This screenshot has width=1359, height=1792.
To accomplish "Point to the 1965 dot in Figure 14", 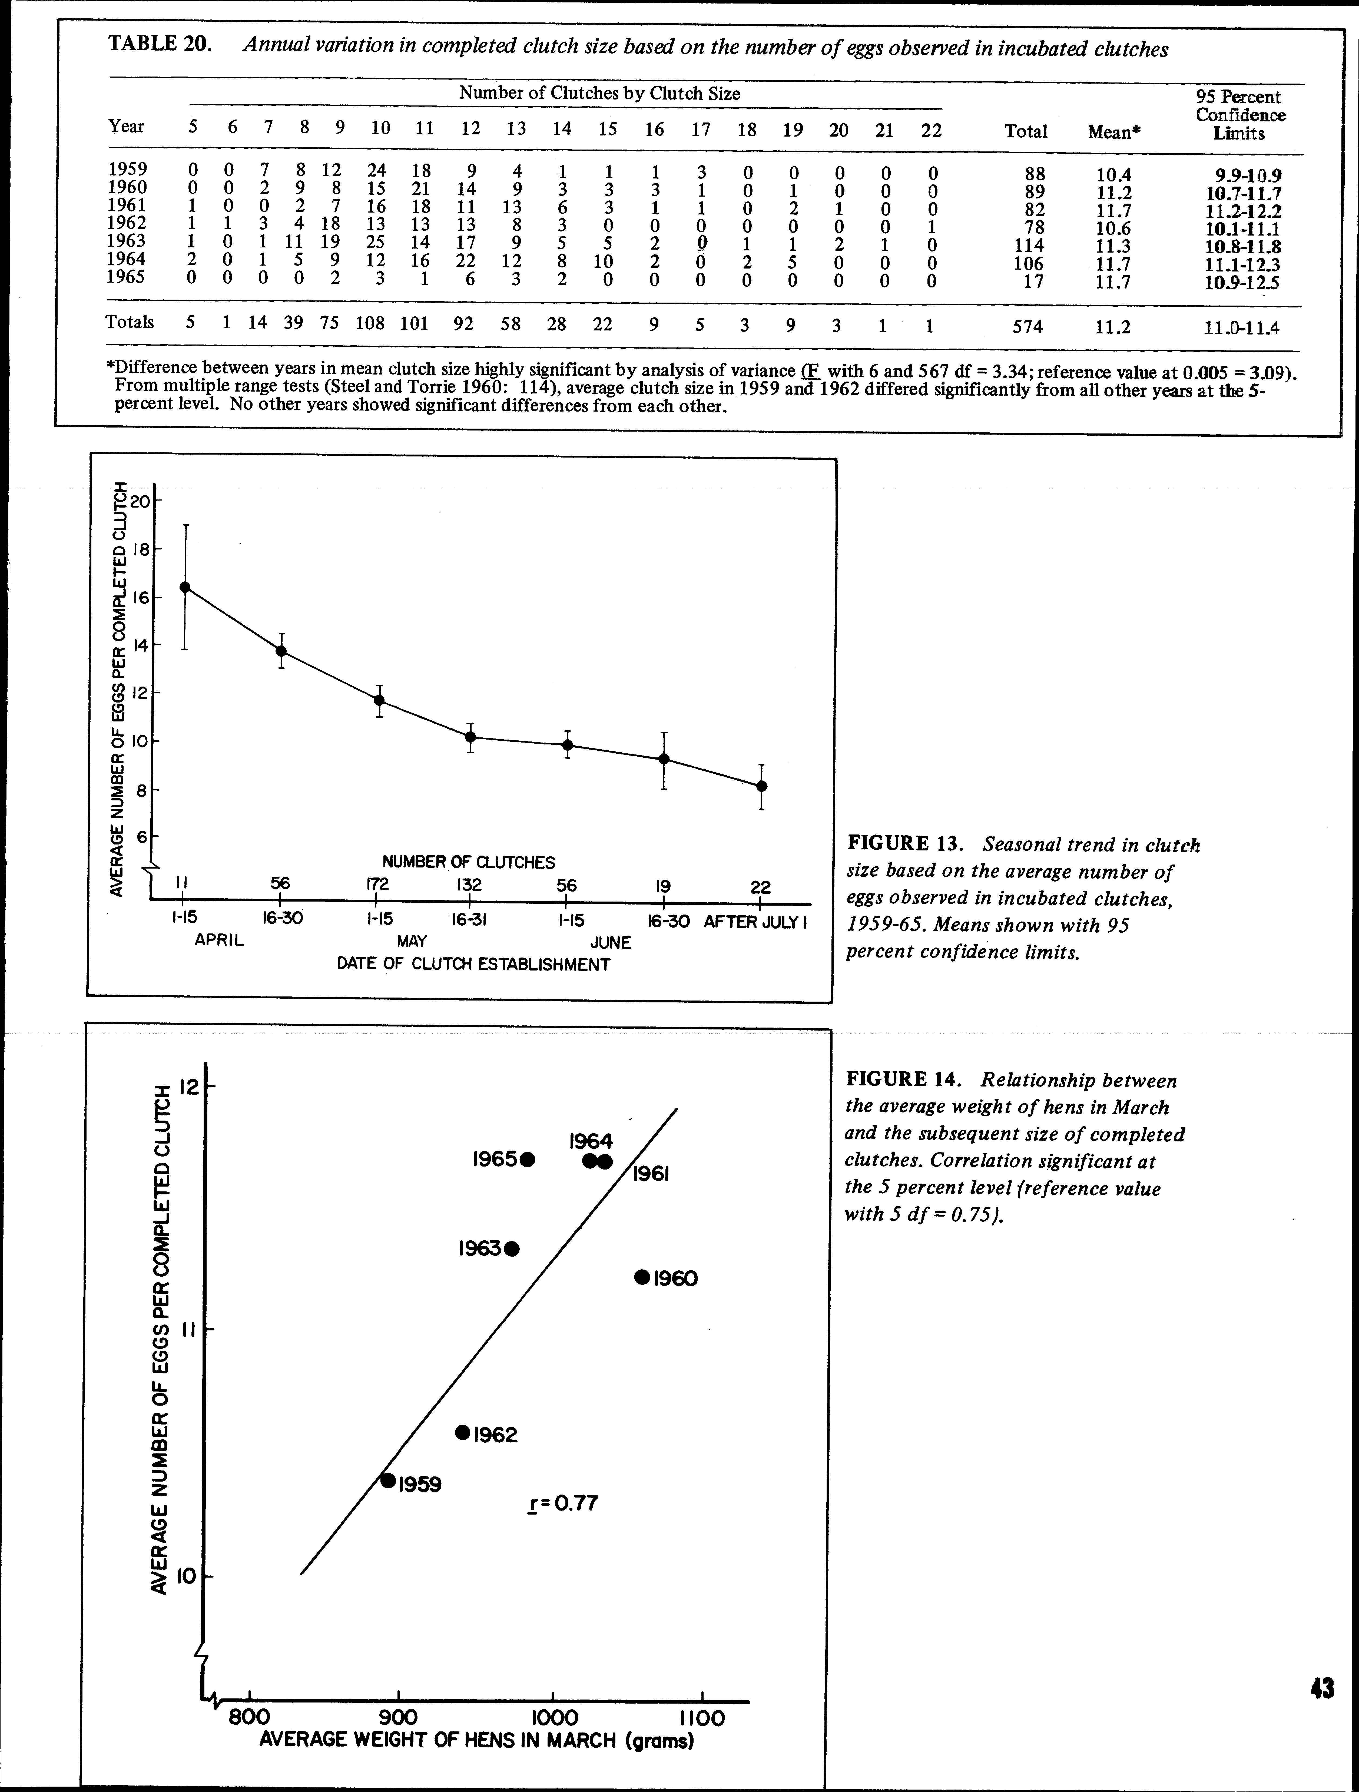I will pos(528,1159).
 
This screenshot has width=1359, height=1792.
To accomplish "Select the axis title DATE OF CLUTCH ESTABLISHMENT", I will pos(473,965).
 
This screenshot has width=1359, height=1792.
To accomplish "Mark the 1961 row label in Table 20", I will pos(127,206).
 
